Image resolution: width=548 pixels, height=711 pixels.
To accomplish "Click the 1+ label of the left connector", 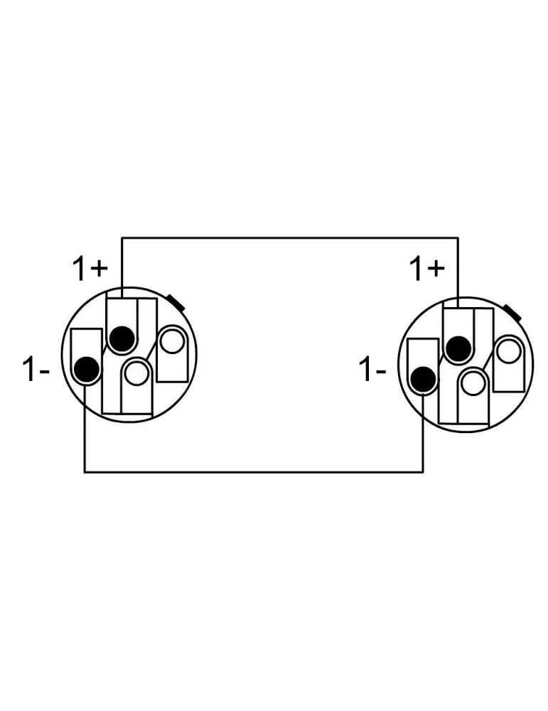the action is (x=90, y=269).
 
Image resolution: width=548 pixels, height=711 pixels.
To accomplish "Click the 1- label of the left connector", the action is (x=36, y=369).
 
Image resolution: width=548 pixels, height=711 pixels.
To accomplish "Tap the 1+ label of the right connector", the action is (x=426, y=269).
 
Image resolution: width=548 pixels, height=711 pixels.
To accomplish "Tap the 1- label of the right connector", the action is (x=372, y=369).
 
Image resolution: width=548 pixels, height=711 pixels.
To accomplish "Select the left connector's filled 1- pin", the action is (x=87, y=370).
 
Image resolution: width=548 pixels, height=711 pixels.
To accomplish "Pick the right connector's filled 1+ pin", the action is (x=458, y=348).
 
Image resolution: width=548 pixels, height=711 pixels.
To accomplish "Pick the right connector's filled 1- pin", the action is (x=424, y=380).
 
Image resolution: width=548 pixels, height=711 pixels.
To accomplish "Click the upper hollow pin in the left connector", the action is (x=172, y=341).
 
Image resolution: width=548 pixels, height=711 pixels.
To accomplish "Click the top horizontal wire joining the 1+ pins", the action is (x=290, y=237).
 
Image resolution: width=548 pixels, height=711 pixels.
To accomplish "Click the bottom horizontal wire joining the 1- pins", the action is (x=254, y=472).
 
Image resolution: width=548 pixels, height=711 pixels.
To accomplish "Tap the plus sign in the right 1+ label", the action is (x=436, y=269).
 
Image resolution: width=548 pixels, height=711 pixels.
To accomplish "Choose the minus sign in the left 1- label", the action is (x=44, y=373).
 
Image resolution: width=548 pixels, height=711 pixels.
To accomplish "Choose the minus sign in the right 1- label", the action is (x=382, y=373).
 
